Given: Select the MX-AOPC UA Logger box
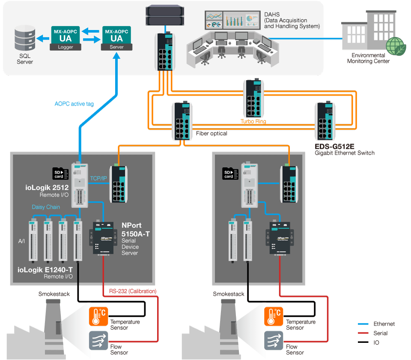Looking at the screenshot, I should pos(62,38).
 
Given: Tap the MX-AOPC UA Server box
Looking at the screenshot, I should pos(116,38).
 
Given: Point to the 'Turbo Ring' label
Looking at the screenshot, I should pos(253,122).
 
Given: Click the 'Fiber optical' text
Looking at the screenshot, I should pos(211,134).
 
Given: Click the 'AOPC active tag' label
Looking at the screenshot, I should pos(74,104).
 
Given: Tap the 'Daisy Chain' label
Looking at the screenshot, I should pos(46,207).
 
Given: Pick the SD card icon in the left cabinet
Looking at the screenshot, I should pos(58,174).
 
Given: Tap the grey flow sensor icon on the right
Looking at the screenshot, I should pos(271,341).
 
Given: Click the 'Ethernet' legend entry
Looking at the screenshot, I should pos(384,324).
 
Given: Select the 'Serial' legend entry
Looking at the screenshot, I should pos(380,333).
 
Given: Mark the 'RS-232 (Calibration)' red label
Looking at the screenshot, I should pos(132,291).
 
